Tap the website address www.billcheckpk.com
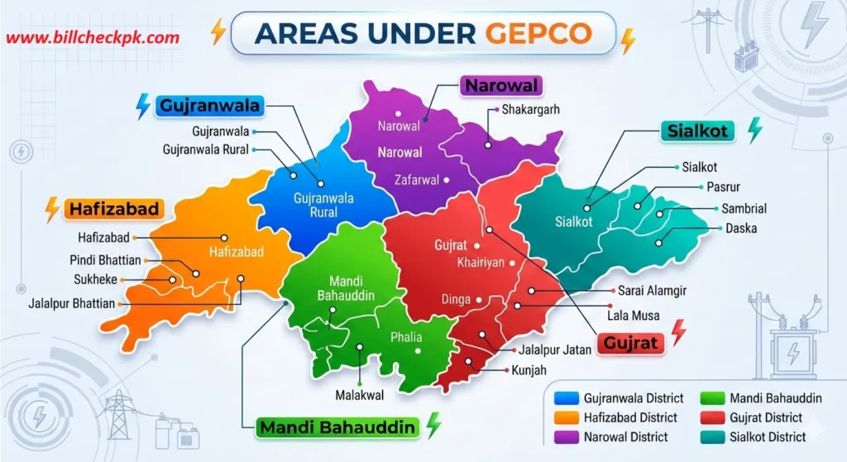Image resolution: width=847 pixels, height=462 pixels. [93, 38]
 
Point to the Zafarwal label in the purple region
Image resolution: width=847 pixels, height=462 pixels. [416, 179]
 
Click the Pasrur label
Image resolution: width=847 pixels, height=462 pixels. [724, 188]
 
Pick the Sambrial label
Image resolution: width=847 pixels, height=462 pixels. [744, 209]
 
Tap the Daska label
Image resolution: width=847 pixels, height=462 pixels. [742, 228]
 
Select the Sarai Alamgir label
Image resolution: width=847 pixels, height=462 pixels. [652, 291]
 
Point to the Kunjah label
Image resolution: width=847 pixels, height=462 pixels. [529, 369]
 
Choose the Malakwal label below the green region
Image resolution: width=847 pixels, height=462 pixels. [360, 396]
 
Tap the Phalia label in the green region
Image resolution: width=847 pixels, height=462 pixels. [405, 337]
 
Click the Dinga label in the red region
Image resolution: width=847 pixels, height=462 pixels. [455, 300]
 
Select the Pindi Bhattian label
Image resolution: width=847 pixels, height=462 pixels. [105, 260]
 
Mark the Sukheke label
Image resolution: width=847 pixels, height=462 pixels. [94, 279]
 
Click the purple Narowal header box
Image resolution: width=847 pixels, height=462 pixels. [501, 86]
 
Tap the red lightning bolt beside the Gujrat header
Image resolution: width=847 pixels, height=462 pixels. [678, 332]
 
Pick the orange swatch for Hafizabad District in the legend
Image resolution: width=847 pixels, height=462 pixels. [567, 417]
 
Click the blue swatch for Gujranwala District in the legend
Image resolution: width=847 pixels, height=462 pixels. [567, 398]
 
